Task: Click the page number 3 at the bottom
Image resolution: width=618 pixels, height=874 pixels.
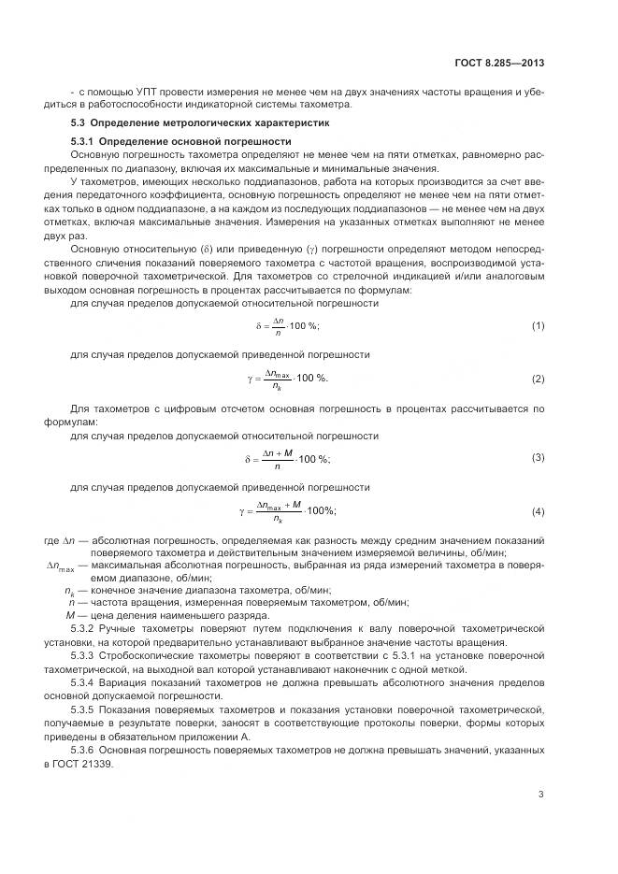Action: (541, 795)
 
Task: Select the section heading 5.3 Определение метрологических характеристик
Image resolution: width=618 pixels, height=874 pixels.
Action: (200, 122)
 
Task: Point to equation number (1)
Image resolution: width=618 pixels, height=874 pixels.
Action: (539, 324)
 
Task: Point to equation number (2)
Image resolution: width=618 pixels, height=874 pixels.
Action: (539, 379)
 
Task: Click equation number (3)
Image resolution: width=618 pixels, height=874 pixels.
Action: (539, 456)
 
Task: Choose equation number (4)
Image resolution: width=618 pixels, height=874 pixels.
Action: (539, 510)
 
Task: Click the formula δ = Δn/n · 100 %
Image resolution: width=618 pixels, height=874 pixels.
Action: (288, 325)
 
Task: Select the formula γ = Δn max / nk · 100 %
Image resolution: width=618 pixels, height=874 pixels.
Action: (288, 380)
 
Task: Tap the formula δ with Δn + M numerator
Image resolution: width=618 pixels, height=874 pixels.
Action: (288, 458)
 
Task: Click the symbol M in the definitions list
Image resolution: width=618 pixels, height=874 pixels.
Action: (69, 616)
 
